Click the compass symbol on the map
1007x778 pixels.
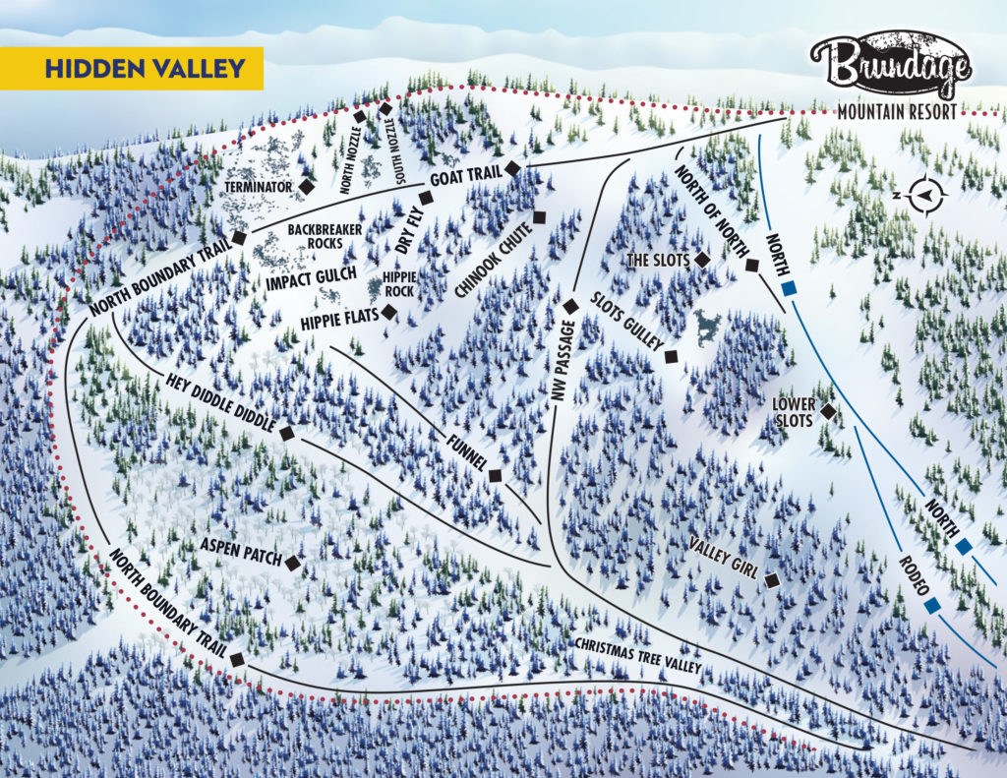(924, 195)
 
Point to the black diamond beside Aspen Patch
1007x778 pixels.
(292, 561)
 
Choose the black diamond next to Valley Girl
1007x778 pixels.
(772, 581)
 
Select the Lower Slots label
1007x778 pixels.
(793, 412)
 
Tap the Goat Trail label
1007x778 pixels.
(465, 176)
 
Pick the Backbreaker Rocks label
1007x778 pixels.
(316, 236)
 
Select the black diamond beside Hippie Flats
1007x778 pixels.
(389, 312)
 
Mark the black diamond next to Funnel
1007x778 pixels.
(495, 476)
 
